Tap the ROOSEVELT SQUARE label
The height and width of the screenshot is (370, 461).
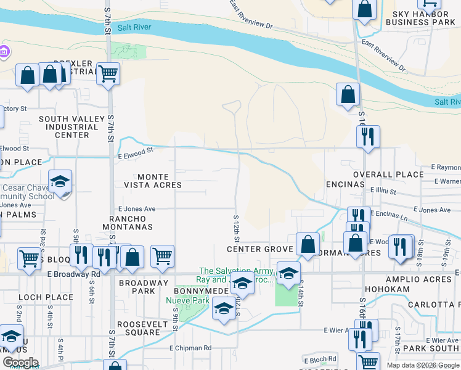click(x=134, y=327)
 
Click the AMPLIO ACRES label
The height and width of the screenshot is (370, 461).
click(x=420, y=279)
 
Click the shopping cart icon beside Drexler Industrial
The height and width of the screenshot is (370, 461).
click(x=108, y=73)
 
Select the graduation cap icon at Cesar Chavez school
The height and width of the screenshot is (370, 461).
click(x=60, y=182)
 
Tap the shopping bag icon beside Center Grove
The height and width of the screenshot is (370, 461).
click(x=308, y=244)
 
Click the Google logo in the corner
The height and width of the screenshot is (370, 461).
click(x=20, y=363)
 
